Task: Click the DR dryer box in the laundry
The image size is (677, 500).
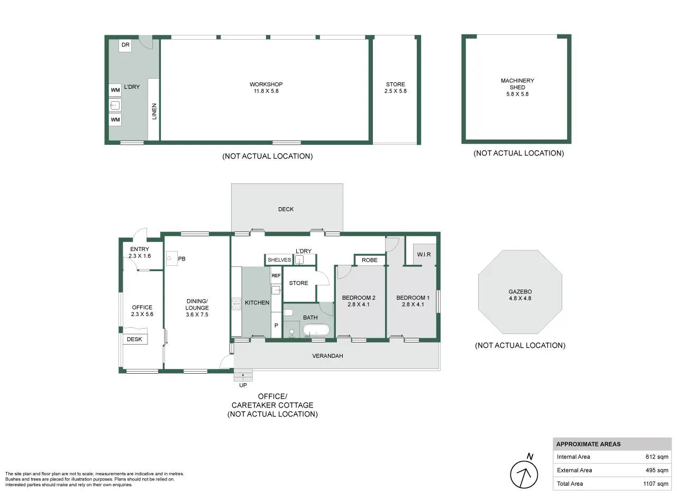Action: pos(125,45)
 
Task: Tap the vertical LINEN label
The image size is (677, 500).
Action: pos(154,111)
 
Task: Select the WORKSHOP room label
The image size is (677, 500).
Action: pos(266,84)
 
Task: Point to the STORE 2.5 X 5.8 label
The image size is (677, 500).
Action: pos(395,88)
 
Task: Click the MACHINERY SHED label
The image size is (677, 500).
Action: pos(517,84)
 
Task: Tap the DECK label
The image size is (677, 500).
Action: pos(286,209)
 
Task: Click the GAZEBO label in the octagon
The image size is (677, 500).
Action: pos(520,292)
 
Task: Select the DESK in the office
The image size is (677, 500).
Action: pos(134,339)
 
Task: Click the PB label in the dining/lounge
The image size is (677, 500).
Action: pos(181,258)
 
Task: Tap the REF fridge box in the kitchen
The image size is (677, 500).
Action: pos(276,275)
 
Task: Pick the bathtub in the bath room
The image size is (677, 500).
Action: pos(316,331)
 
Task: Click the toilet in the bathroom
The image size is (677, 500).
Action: pos(288,312)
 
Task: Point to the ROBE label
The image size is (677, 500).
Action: pos(369,260)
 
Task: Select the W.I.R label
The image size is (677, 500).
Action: pos(424,254)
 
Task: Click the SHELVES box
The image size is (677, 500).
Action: pos(279,260)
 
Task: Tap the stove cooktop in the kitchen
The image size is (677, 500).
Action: pos(236,304)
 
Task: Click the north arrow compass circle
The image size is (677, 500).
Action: pos(524,475)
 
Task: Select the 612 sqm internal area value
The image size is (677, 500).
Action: pos(657,457)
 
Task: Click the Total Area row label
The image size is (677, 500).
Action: pos(570,484)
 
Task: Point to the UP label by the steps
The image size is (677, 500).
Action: pos(243,385)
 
